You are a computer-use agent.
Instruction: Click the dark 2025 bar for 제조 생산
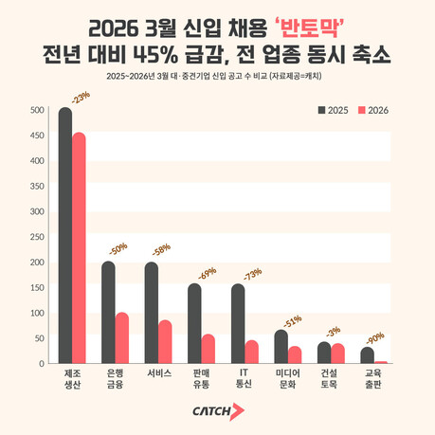[65, 237]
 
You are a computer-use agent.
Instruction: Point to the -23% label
[81, 97]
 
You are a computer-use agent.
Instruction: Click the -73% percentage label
[252, 274]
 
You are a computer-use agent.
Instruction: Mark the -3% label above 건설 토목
[334, 331]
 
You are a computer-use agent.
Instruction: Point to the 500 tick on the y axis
[37, 111]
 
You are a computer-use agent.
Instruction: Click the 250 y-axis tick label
[37, 237]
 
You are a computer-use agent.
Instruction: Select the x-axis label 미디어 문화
[287, 377]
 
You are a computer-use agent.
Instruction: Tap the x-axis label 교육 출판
[373, 377]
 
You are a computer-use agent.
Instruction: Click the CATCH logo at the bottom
[217, 410]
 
